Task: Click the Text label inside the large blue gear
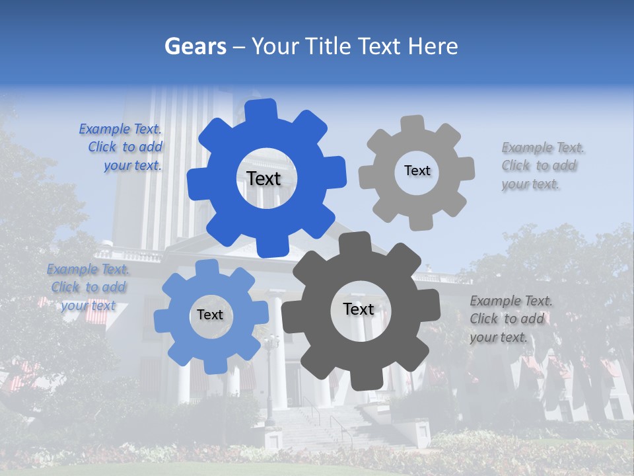coord(264,178)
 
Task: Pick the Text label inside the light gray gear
coord(417,171)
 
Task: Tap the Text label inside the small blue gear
coord(210,315)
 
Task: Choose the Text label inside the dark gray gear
coord(358,309)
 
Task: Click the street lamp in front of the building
coord(270,377)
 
